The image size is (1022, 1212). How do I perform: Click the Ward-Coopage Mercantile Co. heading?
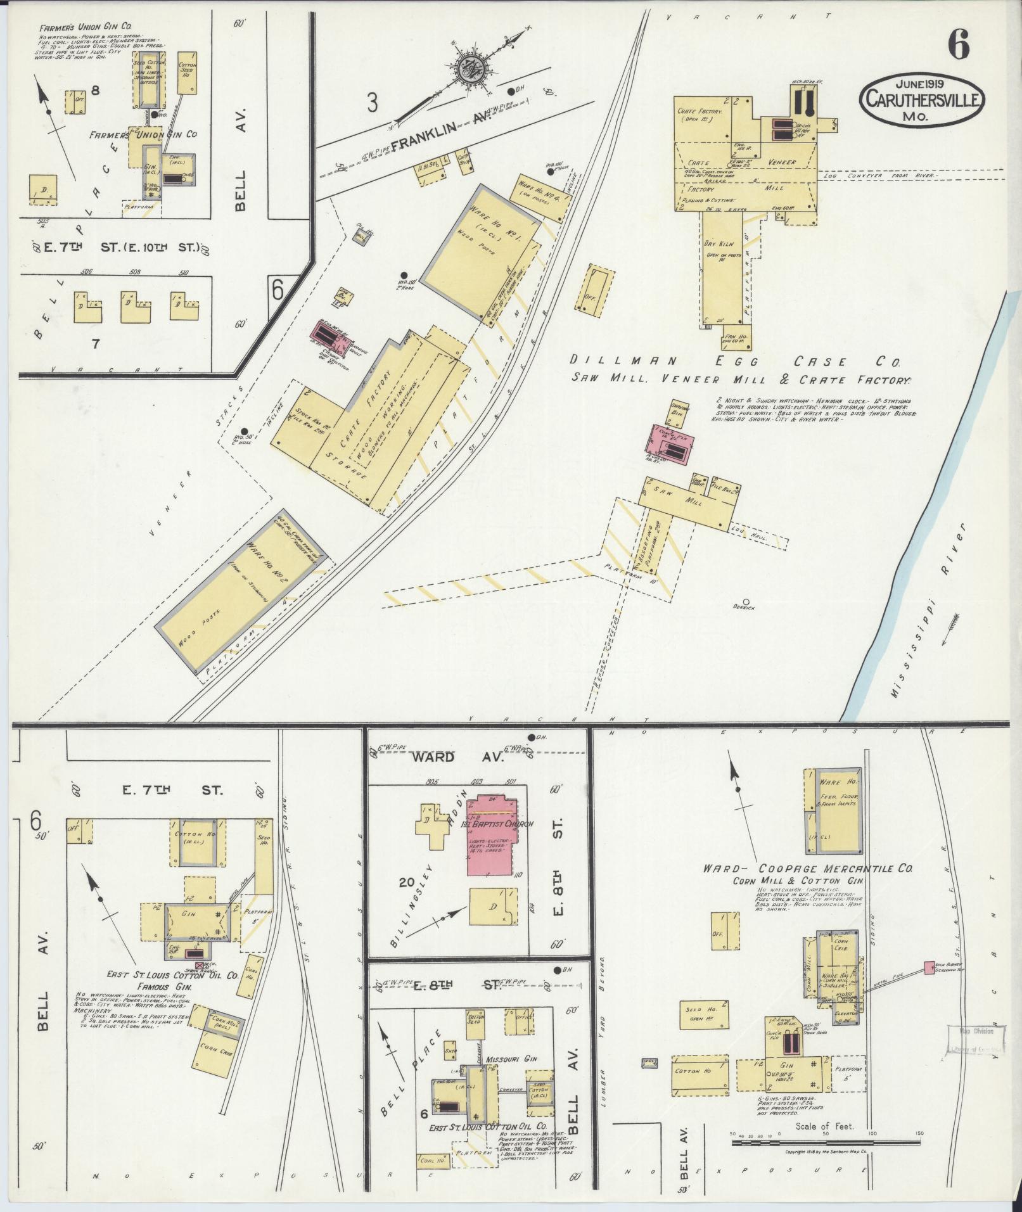click(x=808, y=869)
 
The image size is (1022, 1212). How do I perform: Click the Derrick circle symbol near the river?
click(x=746, y=601)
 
